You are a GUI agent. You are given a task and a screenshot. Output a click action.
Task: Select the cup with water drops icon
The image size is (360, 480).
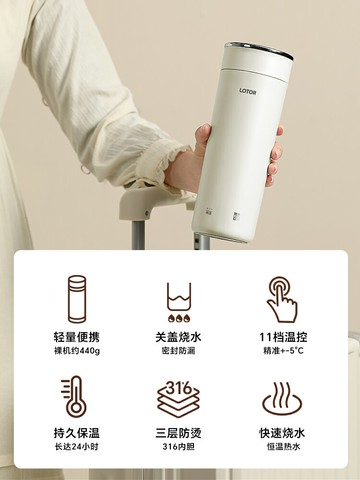[180, 299]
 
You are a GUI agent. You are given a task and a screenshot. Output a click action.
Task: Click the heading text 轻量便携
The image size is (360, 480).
[76, 337]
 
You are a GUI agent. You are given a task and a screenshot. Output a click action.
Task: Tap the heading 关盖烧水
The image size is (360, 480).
[180, 337]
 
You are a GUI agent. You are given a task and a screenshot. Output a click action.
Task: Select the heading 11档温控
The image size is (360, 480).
[284, 337]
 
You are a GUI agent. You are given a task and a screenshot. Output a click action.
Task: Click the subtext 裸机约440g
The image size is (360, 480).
[76, 353]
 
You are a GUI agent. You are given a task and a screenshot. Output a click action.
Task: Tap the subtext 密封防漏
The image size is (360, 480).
[180, 353]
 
